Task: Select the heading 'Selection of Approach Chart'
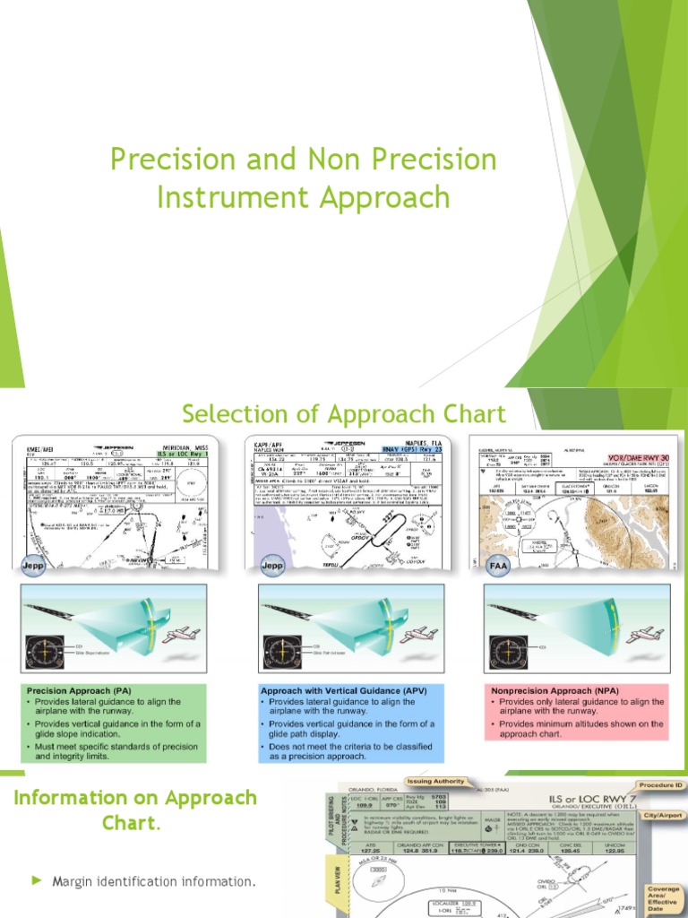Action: coord(343,414)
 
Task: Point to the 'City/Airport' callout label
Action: coord(664,816)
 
